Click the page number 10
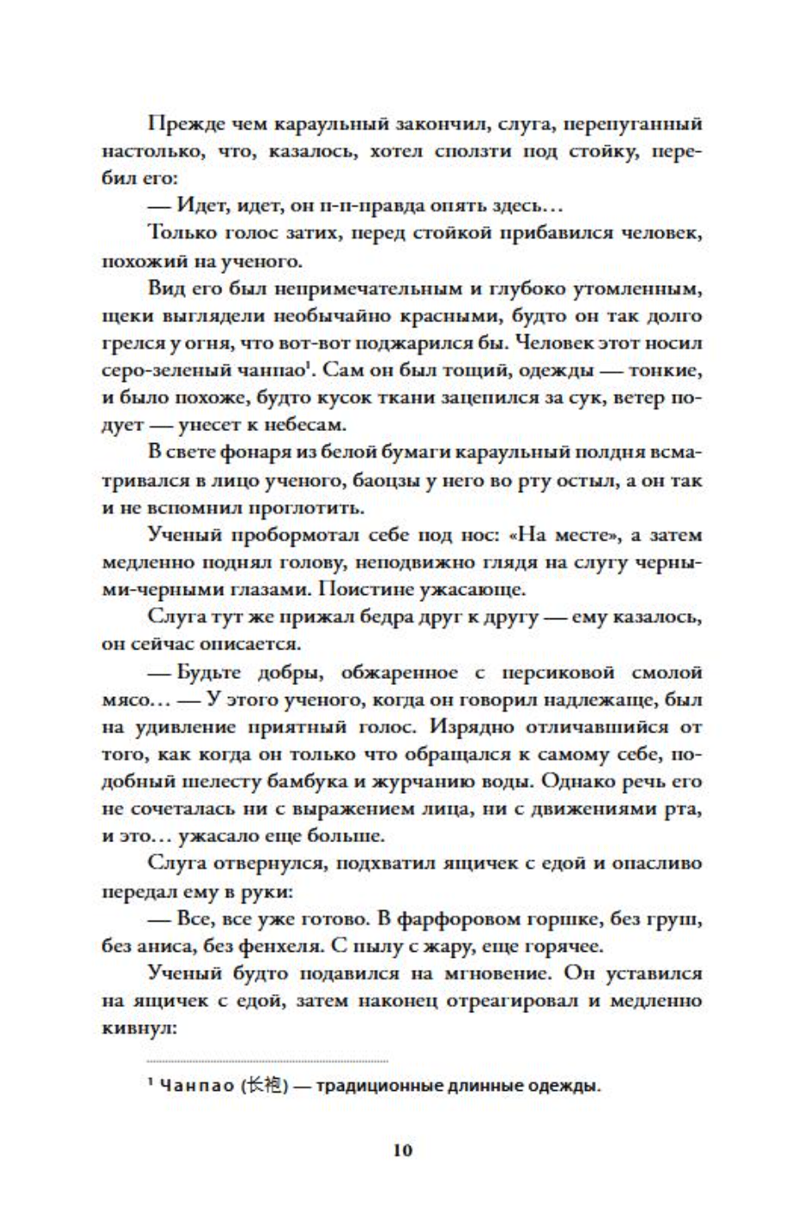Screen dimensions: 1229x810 click(x=403, y=1150)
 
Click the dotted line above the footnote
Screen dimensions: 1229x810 click(x=268, y=1061)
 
